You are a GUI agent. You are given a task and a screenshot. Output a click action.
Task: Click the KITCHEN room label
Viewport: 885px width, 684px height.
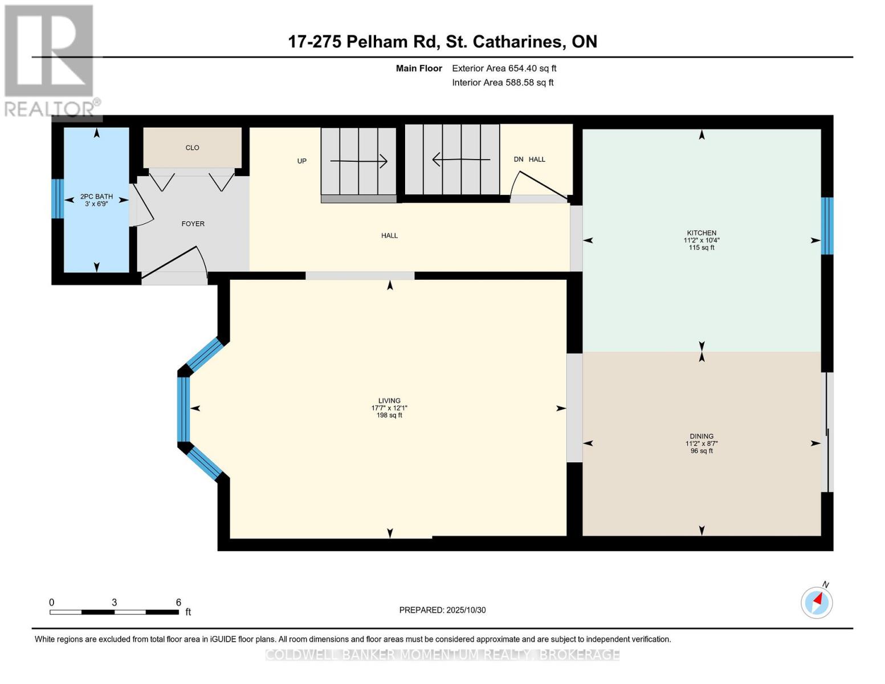pyautogui.click(x=701, y=233)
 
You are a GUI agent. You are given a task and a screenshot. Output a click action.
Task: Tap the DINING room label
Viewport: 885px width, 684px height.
pyautogui.click(x=701, y=436)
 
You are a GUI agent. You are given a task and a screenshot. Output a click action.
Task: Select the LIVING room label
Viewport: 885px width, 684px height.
pyautogui.click(x=389, y=401)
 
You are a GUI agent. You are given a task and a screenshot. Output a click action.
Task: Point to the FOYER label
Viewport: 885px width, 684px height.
pyautogui.click(x=193, y=224)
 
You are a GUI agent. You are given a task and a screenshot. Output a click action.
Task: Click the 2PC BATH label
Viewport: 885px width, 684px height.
pyautogui.click(x=96, y=197)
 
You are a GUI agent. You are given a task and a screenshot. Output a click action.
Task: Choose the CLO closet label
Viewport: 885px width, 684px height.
pyautogui.click(x=192, y=148)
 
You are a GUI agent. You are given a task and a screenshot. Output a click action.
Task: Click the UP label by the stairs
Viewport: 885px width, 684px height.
pyautogui.click(x=302, y=161)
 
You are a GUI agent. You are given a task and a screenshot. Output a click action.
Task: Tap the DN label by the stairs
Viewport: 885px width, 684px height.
pyautogui.click(x=519, y=160)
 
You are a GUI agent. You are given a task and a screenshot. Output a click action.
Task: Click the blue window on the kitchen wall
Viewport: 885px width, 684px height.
pyautogui.click(x=827, y=226)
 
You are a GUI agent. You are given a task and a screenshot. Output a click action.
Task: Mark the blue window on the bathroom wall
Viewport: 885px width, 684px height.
pyautogui.click(x=57, y=199)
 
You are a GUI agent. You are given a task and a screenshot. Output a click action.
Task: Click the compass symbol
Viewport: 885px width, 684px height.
pyautogui.click(x=817, y=602)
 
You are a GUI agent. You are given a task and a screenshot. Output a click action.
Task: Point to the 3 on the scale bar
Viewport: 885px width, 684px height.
pyautogui.click(x=115, y=602)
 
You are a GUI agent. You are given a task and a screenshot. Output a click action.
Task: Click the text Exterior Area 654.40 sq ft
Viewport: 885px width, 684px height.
pyautogui.click(x=504, y=68)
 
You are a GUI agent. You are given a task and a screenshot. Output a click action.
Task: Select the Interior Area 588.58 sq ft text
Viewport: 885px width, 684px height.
pyautogui.click(x=503, y=83)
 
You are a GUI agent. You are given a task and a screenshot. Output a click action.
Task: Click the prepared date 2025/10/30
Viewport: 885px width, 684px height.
pyautogui.click(x=466, y=610)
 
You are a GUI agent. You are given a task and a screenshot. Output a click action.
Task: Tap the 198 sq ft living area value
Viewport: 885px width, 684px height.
pyautogui.click(x=389, y=416)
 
